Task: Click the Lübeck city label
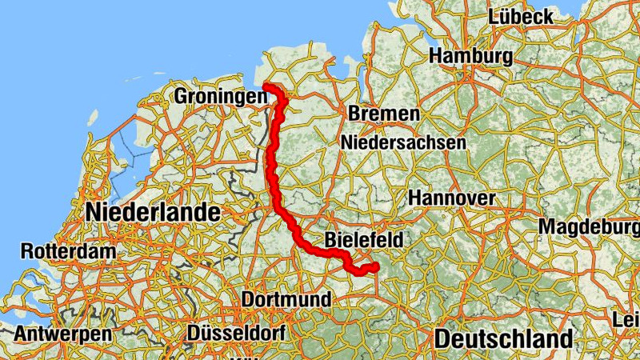click(x=521, y=16)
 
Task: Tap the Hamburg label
click(x=470, y=56)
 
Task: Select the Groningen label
click(x=219, y=96)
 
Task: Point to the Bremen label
click(x=383, y=114)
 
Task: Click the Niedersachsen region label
click(x=403, y=142)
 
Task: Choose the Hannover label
click(x=452, y=197)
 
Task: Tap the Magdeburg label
click(x=588, y=226)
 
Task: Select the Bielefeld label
click(x=364, y=239)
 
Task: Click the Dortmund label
click(x=286, y=299)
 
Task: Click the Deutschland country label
click(x=504, y=338)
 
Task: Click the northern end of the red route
click(x=266, y=86)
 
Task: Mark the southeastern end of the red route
click(x=375, y=266)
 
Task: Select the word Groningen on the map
click(x=219, y=96)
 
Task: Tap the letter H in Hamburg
click(x=437, y=56)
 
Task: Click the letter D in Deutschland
click(x=442, y=338)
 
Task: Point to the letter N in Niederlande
click(x=93, y=213)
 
